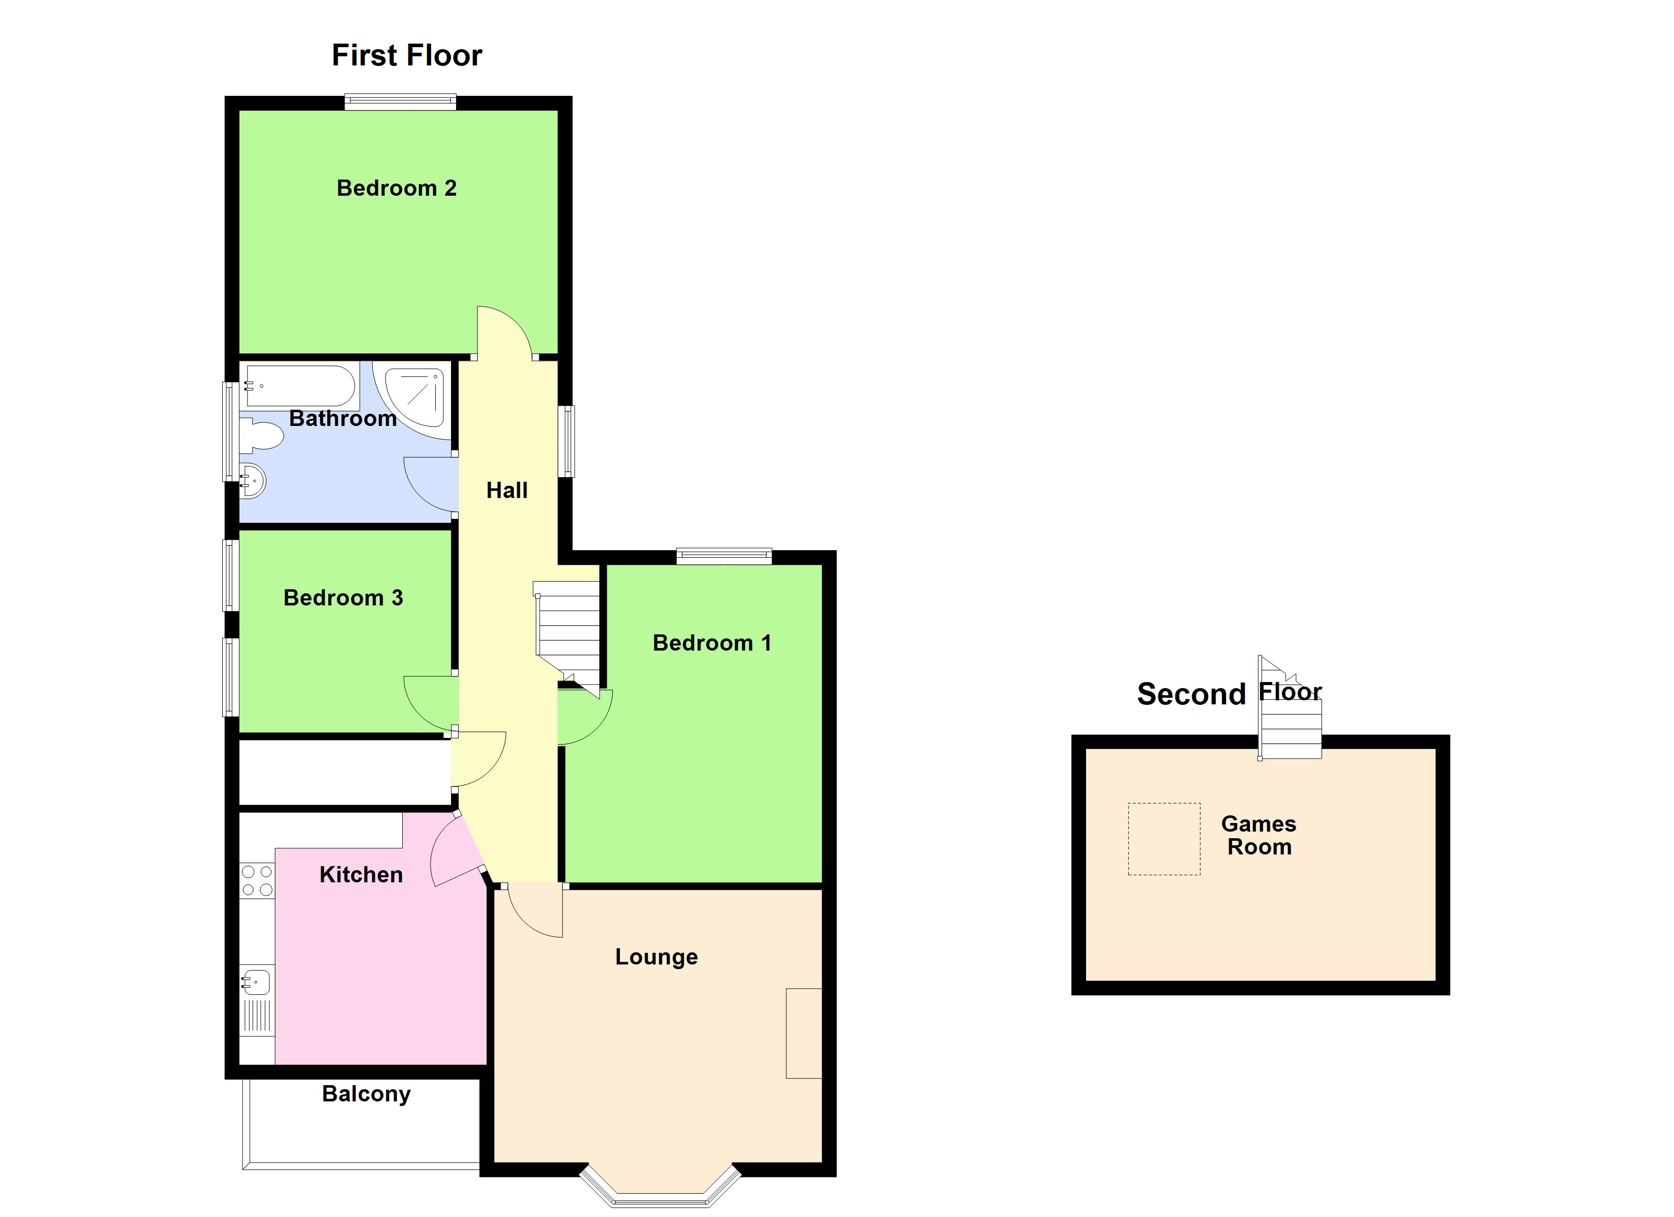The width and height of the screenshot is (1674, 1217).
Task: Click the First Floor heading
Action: click(407, 55)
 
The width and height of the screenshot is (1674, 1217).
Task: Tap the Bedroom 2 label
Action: click(396, 188)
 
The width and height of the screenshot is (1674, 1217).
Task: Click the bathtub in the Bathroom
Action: click(300, 385)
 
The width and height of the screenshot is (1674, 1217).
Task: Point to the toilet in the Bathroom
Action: click(260, 436)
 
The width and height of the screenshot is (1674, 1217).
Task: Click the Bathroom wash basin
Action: click(253, 481)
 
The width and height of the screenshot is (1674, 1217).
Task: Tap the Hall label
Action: click(506, 490)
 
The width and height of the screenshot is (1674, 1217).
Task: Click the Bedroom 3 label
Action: click(343, 598)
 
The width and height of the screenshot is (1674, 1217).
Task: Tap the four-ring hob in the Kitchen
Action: click(257, 880)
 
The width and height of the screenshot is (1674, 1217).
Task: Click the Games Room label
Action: click(1259, 835)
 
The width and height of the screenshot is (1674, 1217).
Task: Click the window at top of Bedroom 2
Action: click(400, 102)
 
